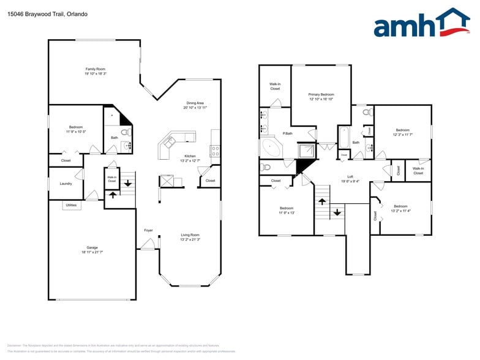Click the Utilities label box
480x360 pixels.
[72, 205]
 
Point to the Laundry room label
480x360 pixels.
[66, 184]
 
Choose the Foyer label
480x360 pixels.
[148, 230]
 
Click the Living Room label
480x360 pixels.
[190, 235]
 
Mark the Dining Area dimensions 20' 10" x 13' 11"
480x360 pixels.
[195, 108]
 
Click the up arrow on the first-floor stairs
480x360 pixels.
[112, 195]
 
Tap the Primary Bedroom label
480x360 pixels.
[321, 94]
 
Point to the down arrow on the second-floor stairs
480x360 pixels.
[336, 213]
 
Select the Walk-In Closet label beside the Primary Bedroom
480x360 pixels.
[275, 86]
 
